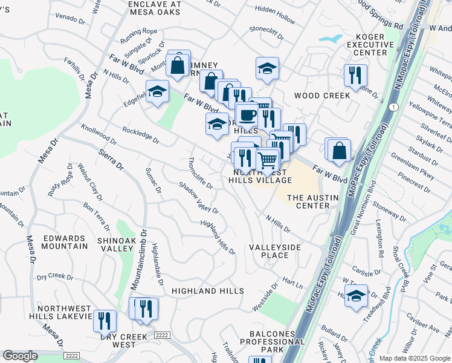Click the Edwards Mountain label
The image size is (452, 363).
pos(65,242)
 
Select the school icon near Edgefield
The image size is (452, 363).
pos(158,92)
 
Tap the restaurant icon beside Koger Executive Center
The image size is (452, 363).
pos(354,75)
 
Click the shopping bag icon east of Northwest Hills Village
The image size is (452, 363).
pos(340,150)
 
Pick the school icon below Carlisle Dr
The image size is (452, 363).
pos(357,295)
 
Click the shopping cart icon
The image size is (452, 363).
pos(267,160)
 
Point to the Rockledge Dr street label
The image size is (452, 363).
pos(140,135)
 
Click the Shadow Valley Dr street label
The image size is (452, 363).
pos(198,197)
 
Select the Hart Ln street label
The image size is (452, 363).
pos(292,283)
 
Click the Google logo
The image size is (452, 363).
pos(20,356)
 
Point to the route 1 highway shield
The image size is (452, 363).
pos(394,106)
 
